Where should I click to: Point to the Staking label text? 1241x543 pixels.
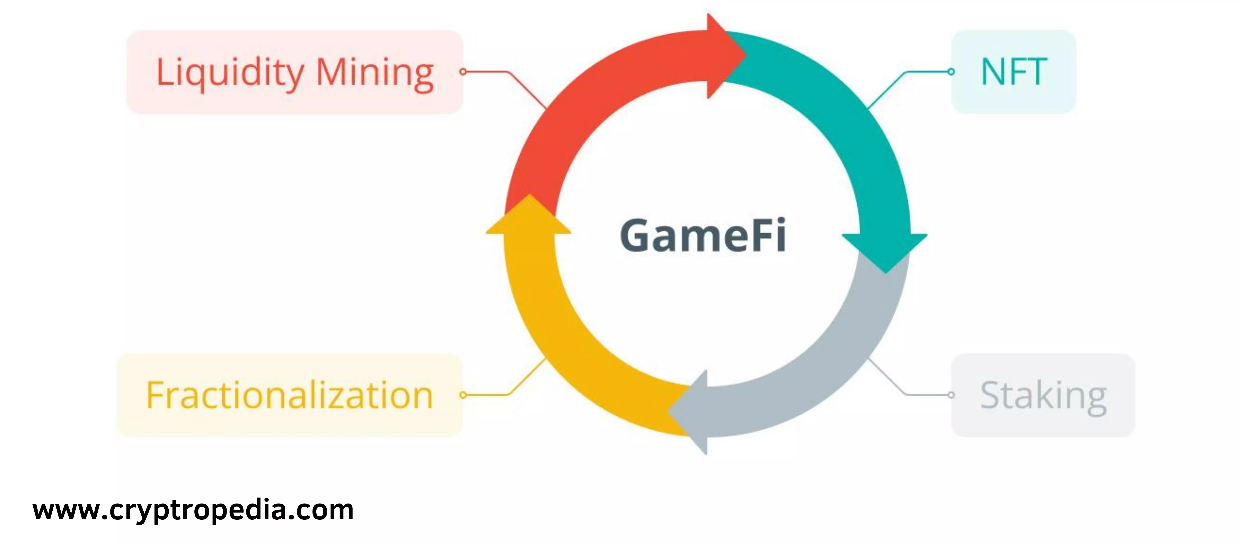pos(1043,396)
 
